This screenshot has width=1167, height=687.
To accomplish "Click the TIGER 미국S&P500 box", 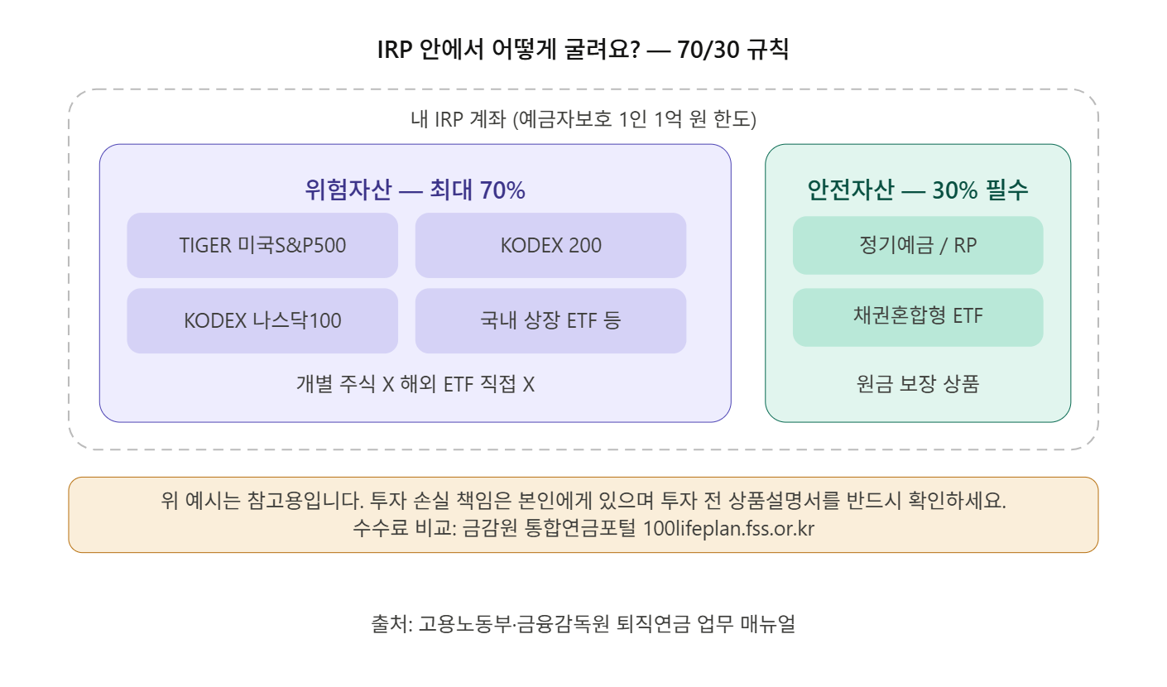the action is click(x=262, y=246).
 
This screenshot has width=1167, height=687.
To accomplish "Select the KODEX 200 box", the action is click(x=550, y=246).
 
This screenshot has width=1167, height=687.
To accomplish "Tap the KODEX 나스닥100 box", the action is click(x=262, y=320).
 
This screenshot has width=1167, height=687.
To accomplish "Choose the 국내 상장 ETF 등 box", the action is click(x=550, y=320).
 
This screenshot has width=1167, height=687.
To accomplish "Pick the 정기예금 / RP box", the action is click(x=918, y=246).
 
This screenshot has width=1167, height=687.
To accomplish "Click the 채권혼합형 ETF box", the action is click(x=918, y=315).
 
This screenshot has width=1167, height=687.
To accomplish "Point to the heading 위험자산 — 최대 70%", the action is click(x=415, y=190).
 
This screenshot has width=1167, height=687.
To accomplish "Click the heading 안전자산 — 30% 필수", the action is click(x=918, y=190).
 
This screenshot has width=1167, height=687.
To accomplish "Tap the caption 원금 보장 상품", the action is click(x=918, y=384).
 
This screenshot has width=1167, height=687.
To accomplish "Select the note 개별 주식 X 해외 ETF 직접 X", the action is click(x=415, y=384).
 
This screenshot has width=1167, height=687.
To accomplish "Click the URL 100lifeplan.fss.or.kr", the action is click(x=728, y=529).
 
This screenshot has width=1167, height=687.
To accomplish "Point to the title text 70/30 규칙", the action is click(x=732, y=50).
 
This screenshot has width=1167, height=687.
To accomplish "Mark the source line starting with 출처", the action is click(x=583, y=624).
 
